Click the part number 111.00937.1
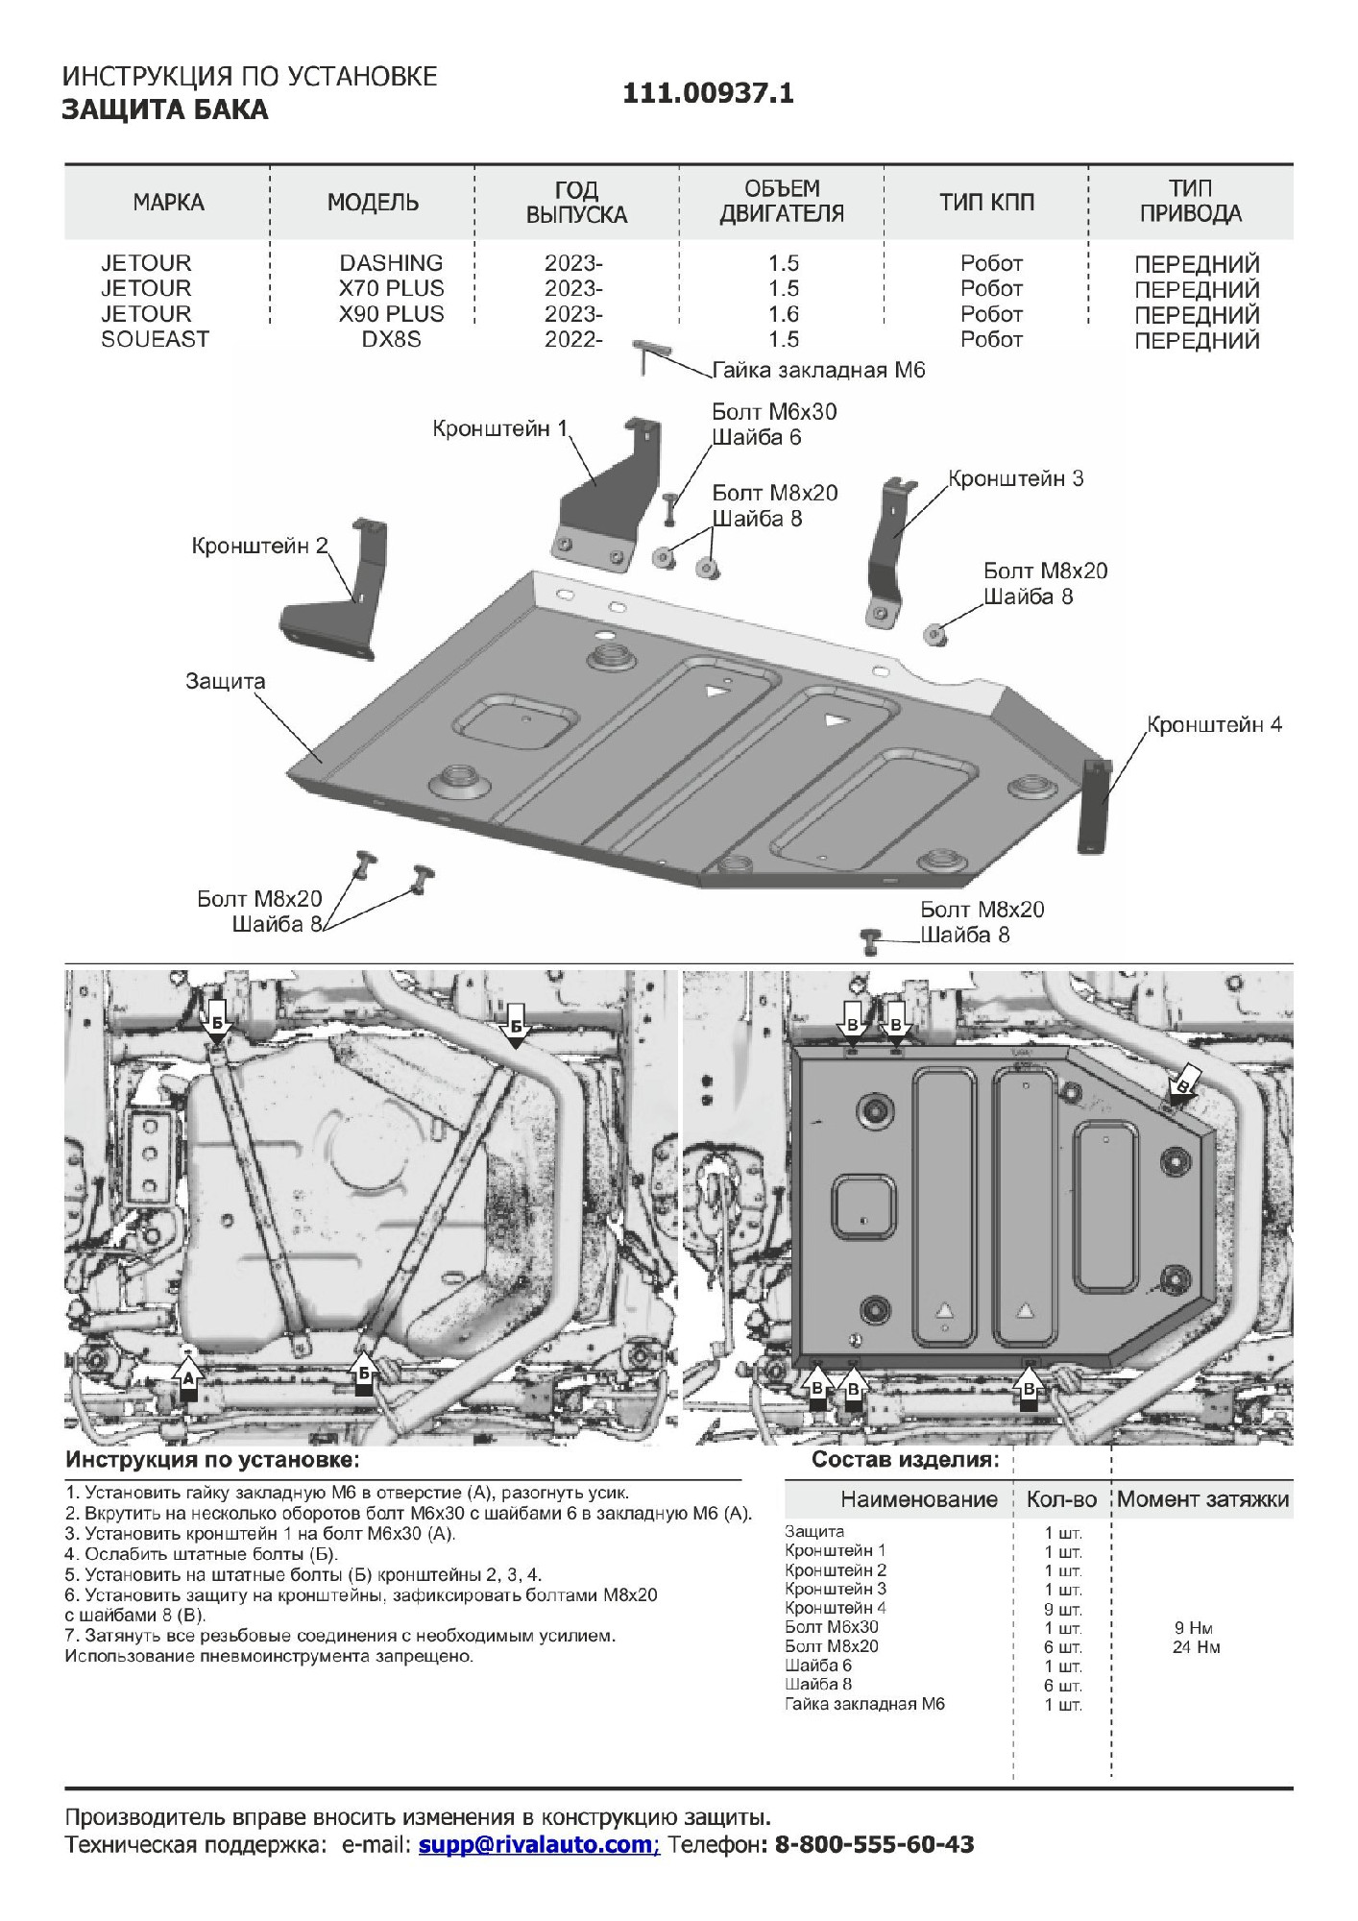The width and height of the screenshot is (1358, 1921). (708, 93)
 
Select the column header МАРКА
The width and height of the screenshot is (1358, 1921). (168, 203)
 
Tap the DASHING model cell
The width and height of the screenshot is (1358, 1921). (391, 263)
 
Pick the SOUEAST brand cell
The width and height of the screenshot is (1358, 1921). (155, 339)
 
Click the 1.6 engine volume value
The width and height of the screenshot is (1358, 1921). (784, 314)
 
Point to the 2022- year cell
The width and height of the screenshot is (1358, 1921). (573, 339)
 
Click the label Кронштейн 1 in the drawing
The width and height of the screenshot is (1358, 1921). (499, 428)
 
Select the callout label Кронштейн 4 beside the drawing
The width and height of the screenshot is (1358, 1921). (1214, 724)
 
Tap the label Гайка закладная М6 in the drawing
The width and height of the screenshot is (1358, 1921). (818, 371)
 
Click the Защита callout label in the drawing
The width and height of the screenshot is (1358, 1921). (225, 681)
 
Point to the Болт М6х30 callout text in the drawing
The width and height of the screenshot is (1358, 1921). (774, 412)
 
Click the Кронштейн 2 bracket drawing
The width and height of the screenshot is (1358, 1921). (336, 600)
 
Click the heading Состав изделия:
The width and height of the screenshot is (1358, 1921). (905, 1461)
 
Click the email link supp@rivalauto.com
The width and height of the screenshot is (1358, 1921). (537, 1844)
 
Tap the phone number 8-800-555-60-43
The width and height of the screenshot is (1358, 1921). (873, 1844)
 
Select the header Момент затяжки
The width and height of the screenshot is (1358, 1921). (1202, 1499)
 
